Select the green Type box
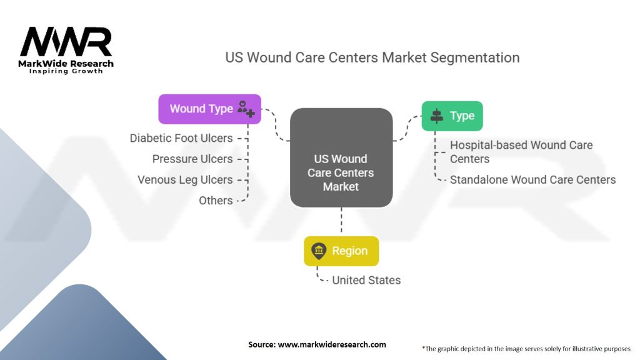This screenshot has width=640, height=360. [x=452, y=116]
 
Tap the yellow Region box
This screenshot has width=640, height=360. [x=341, y=251]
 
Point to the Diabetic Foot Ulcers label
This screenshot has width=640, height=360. [x=181, y=138]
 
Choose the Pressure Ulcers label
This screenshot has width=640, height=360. [x=192, y=159]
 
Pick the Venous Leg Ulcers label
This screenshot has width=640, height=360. [x=185, y=180]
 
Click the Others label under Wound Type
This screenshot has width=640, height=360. [x=216, y=201]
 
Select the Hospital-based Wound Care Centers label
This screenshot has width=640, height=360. [x=521, y=152]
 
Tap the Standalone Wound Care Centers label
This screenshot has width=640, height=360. [x=532, y=180]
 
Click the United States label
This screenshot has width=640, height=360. [x=366, y=280]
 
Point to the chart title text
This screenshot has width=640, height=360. [x=372, y=57]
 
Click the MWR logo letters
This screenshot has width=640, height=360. [x=66, y=42]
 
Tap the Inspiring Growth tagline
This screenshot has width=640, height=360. [x=66, y=72]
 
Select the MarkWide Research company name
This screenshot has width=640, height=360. [x=66, y=64]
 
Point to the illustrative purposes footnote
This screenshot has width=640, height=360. [x=526, y=348]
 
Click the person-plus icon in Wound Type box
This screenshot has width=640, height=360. [x=246, y=109]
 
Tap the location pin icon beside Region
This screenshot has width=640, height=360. [x=319, y=251]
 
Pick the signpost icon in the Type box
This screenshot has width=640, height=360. [x=436, y=116]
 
